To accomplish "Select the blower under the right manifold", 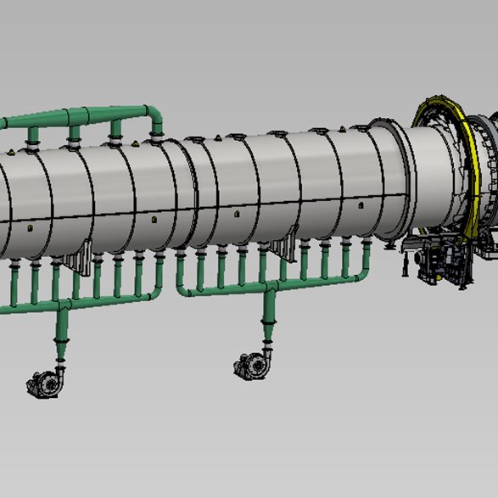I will [253, 366].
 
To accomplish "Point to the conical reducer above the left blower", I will [62, 347].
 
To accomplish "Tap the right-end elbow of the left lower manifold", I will [156, 293].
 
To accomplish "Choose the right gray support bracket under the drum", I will [283, 251].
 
